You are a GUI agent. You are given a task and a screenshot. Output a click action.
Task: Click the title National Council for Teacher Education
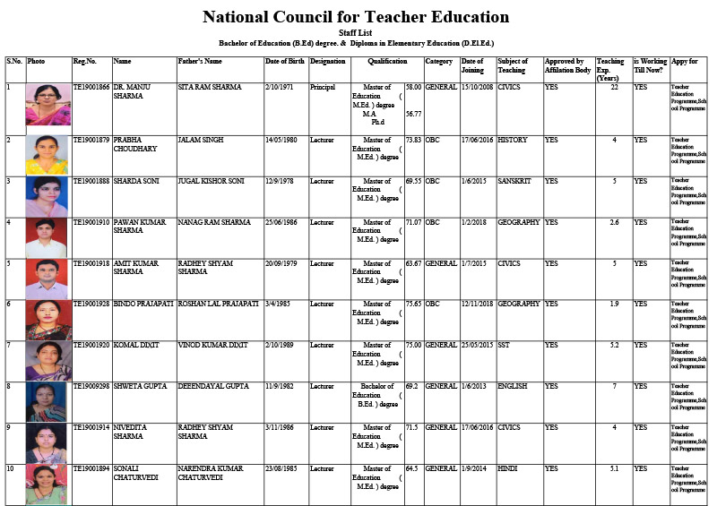[356, 17]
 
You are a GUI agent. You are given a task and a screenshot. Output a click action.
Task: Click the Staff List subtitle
[356, 33]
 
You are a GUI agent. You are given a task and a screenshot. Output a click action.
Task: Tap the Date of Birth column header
[285, 62]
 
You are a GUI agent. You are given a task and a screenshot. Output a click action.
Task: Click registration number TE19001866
[91, 87]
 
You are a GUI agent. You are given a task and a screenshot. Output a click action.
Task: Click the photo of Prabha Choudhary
[48, 155]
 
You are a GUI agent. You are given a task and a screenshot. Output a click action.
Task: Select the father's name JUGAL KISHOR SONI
[211, 181]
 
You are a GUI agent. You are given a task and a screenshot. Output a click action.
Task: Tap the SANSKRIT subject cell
[514, 181]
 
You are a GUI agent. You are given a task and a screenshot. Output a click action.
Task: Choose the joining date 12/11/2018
[477, 304]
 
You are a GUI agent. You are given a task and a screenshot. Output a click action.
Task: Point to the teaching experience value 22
[614, 87]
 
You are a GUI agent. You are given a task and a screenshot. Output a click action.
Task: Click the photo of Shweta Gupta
[48, 401]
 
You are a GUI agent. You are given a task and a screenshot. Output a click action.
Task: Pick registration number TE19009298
[91, 386]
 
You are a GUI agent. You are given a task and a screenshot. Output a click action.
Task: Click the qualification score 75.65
[413, 304]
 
